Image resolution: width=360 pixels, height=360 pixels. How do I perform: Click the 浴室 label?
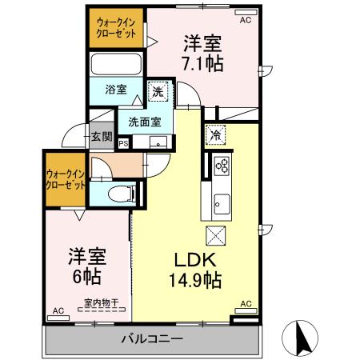coord(115,90)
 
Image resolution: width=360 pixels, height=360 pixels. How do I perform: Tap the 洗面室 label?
coord(144,122)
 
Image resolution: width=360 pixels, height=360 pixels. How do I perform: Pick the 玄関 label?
coord(101,137)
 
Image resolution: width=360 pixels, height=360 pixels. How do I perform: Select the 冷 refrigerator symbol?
coord(214,135)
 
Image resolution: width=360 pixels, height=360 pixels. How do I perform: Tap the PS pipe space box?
coord(123,144)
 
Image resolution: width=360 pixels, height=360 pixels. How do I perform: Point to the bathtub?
coord(115,64)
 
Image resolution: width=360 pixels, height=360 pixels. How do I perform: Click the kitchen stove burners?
coord(222,166)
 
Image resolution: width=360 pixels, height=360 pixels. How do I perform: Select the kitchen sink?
coord(220,206)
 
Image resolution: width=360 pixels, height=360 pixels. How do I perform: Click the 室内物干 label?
coord(101,303)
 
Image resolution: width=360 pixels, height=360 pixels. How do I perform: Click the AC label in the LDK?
coord(246,304)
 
